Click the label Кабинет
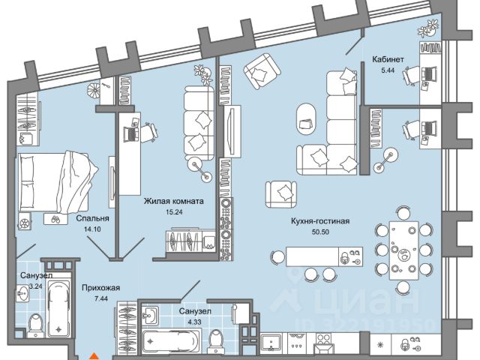point(388,59)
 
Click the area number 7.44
point(100,298)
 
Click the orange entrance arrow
point(93,355)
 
